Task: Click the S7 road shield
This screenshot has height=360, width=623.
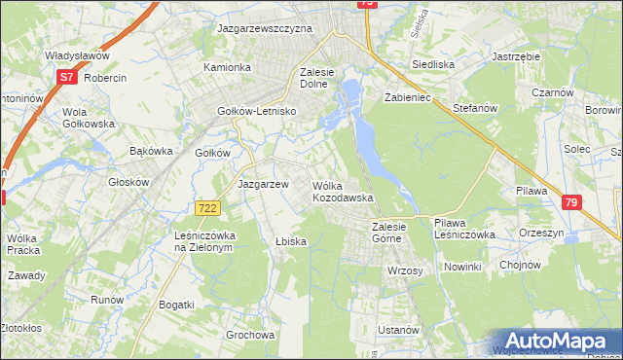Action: [66, 75]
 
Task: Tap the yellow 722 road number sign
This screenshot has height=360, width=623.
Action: [206, 208]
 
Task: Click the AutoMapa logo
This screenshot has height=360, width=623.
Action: [552, 341]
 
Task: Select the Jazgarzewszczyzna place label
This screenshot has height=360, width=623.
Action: [265, 29]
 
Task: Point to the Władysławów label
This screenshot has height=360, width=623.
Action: [76, 55]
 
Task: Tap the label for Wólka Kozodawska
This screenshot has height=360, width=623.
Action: [343, 191]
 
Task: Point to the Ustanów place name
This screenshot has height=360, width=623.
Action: [397, 330]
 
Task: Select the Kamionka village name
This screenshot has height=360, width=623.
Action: [227, 67]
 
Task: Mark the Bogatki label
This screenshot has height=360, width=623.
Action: [175, 305]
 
